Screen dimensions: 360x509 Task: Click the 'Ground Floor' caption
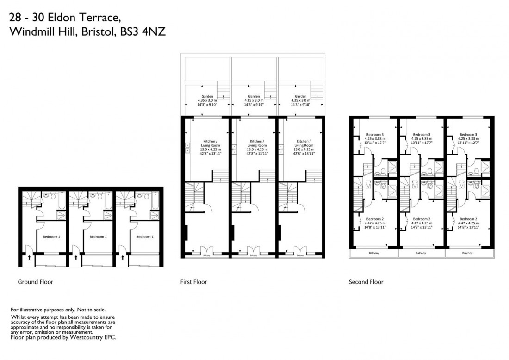[36, 282]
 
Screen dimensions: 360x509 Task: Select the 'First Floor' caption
[193, 282]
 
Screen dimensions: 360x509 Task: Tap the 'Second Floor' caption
[366, 282]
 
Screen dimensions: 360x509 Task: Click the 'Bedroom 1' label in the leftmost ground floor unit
[51, 237]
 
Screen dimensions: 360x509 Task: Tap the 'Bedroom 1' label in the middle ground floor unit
[98, 237]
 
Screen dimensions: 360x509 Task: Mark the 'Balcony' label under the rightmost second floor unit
[467, 253]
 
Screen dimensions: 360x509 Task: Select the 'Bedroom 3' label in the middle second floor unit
[422, 134]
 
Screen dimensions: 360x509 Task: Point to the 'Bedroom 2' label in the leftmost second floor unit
[375, 219]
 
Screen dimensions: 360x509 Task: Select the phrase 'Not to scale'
[91, 310]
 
